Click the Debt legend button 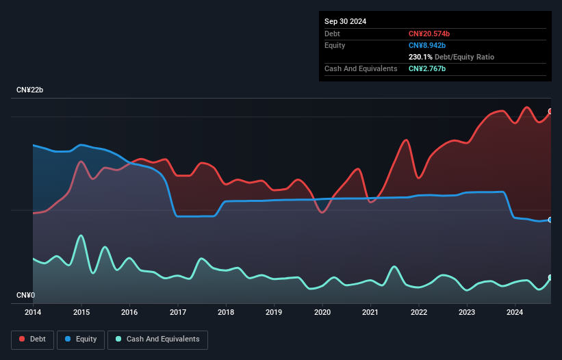32,339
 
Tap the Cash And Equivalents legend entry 157,339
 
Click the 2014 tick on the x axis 33,313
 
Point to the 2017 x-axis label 177,313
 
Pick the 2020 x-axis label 322,313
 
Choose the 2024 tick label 515,313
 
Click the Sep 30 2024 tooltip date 345,21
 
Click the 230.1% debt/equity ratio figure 422,57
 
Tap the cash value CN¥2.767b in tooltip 427,68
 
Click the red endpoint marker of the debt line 550,112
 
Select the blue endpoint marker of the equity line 550,220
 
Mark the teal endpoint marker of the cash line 550,277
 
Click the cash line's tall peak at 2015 81,235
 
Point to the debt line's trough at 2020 322,212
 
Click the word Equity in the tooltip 335,45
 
